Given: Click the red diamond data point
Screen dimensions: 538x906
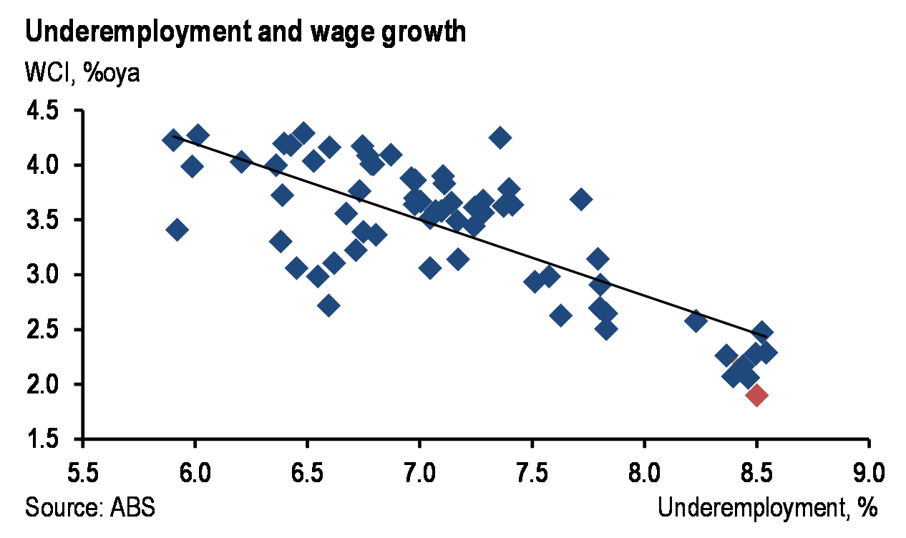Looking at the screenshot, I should [x=756, y=394].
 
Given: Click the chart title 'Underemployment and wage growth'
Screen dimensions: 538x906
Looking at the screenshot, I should [x=245, y=33].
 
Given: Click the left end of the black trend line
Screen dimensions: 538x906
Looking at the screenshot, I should [x=174, y=136].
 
